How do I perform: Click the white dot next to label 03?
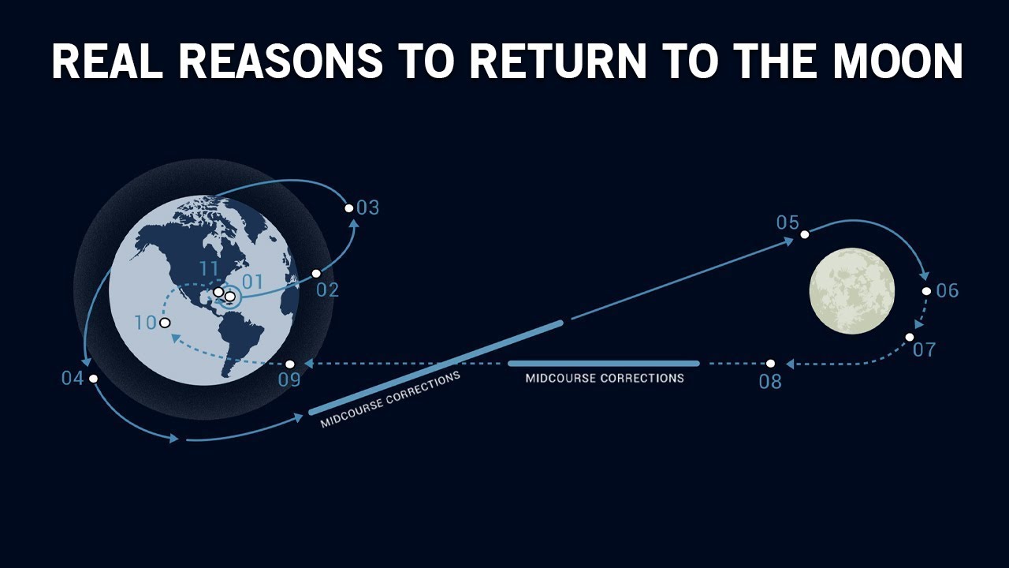pos(349,208)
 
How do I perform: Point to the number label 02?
pos(327,290)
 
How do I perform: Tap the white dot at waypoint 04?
pos(93,379)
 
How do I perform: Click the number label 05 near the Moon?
pos(787,222)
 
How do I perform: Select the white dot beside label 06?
pos(927,291)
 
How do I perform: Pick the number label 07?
pos(924,349)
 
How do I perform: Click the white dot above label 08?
pos(771,364)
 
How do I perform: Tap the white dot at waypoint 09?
pos(290,364)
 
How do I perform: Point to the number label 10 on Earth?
pos(146,323)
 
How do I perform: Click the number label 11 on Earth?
pos(209,269)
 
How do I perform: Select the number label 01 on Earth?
pos(252,282)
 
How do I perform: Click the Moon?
pos(852,290)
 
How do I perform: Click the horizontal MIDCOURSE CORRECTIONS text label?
pos(605,379)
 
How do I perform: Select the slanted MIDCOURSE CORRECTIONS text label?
pos(390,399)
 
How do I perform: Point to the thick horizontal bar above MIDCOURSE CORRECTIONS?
pos(604,364)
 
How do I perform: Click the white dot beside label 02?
pos(316,274)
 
